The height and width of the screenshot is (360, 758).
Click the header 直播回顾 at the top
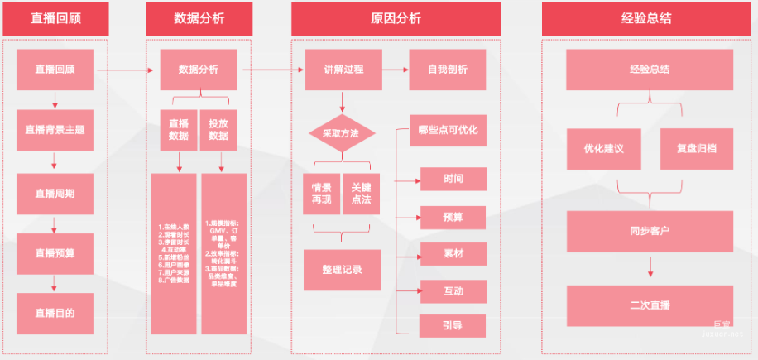pos(55,18)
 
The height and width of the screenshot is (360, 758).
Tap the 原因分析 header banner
pos(396,18)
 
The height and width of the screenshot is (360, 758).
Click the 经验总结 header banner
pos(650,18)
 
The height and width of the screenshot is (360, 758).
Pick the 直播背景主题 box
pos(55,130)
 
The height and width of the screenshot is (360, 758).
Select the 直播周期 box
pos(55,194)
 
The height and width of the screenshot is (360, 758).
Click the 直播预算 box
pos(55,253)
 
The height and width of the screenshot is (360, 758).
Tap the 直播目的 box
pos(55,313)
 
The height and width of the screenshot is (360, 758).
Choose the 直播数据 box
pos(179,130)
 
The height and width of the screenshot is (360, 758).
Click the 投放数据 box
pos(218,130)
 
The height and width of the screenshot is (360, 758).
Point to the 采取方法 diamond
pos(342,132)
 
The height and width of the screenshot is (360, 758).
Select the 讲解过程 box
pos(342,70)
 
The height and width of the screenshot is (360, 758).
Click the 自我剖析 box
pos(448,70)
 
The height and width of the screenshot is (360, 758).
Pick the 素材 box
pos(453,254)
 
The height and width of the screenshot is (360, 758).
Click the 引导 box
pos(453,326)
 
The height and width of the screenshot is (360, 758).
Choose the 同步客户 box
pos(650,231)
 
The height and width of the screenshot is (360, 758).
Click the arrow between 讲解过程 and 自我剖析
pos(395,70)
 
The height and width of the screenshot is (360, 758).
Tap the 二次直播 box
pos(650,305)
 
